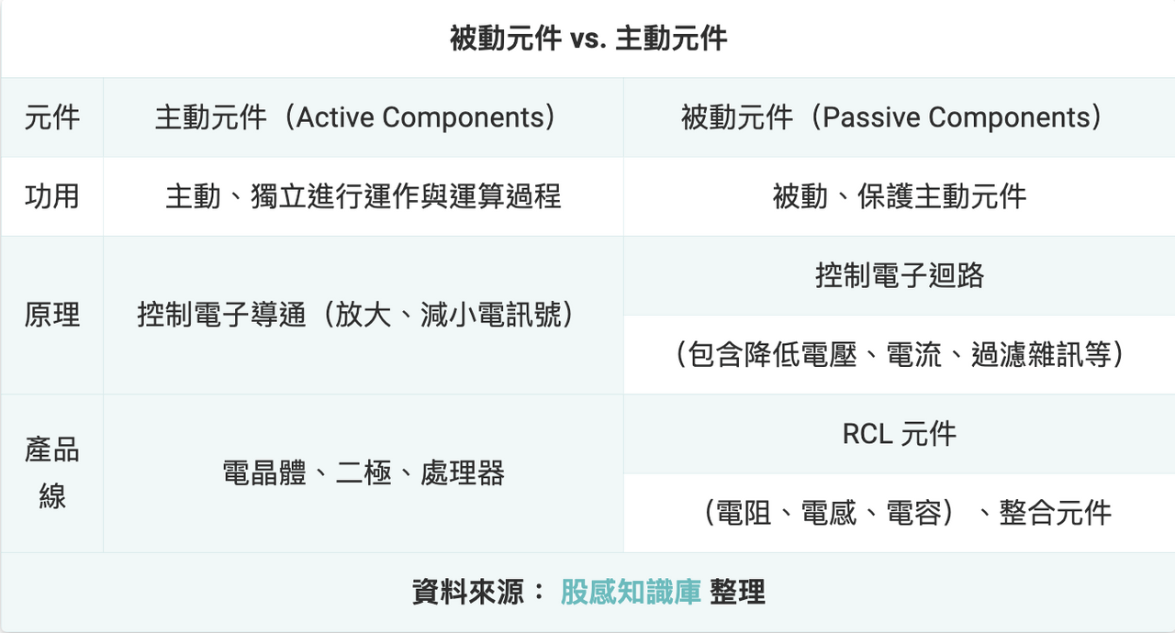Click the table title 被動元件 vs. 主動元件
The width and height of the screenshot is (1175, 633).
click(x=588, y=39)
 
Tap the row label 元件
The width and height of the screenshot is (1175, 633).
click(x=52, y=117)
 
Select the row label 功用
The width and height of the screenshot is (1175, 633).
click(x=52, y=196)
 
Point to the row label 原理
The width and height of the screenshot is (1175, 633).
click(x=52, y=315)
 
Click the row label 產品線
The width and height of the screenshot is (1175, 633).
click(x=52, y=473)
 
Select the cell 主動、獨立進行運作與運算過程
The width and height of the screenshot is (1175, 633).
click(x=363, y=196)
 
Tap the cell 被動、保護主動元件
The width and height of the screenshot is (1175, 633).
click(x=899, y=196)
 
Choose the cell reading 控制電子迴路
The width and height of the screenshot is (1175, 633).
click(x=900, y=275)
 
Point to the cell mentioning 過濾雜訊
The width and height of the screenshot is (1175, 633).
click(x=900, y=355)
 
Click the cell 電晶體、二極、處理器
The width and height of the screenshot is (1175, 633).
click(x=363, y=473)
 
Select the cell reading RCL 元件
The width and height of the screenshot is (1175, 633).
click(x=900, y=434)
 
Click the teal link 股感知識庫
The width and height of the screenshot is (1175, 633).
click(x=631, y=592)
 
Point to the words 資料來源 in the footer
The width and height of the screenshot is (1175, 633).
click(x=468, y=592)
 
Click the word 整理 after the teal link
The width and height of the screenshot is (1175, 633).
click(x=737, y=592)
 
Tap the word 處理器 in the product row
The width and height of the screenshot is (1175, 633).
click(x=463, y=473)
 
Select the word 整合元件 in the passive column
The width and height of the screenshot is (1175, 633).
click(x=1056, y=513)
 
